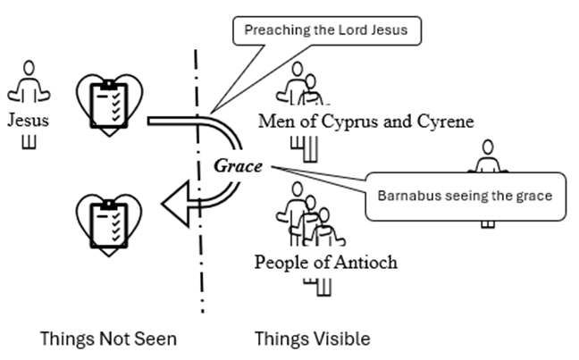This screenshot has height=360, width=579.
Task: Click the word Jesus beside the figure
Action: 28,120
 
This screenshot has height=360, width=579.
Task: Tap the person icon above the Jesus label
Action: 29,82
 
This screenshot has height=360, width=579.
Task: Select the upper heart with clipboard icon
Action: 109,105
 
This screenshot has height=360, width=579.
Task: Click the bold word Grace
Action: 239,166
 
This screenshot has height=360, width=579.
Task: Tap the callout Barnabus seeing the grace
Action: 464,196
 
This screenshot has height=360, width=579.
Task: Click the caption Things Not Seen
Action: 108,339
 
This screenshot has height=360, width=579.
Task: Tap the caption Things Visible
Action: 312,339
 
